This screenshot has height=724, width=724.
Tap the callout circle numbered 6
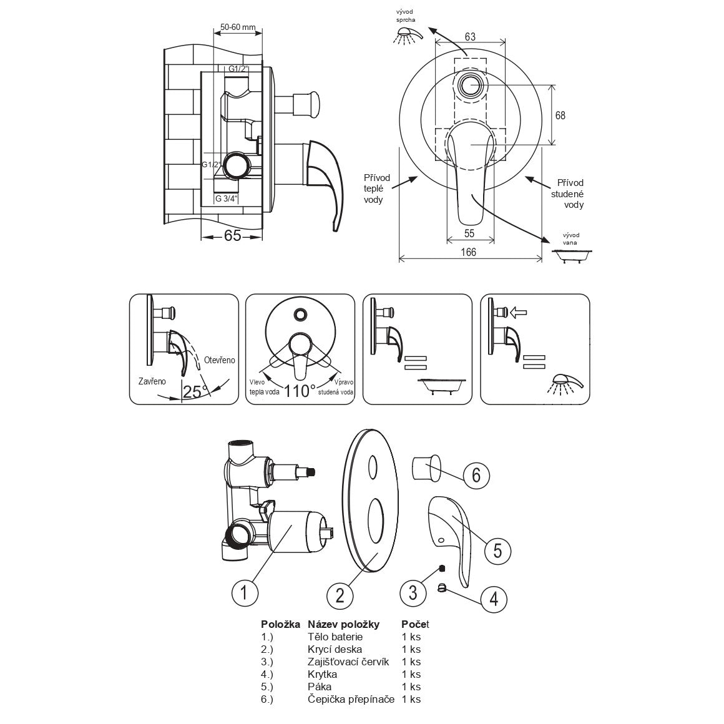pos(476,475)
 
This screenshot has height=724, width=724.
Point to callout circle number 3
pos(413,592)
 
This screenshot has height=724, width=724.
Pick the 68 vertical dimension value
pos(560,115)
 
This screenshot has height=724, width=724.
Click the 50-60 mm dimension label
pos(238,27)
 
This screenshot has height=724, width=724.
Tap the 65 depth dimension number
pos(233,235)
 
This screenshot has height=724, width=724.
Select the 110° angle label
pos(299,391)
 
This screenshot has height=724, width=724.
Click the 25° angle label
pos(195,391)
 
